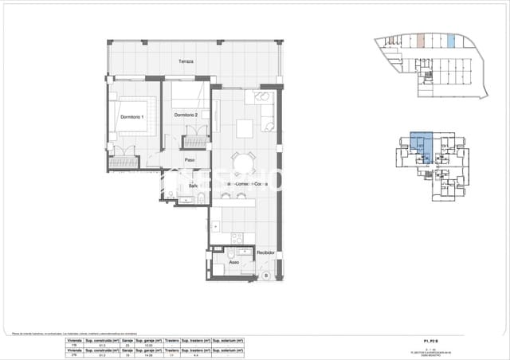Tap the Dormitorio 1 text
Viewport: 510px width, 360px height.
pos(131,117)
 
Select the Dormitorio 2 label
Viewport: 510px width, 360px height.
pos(186,115)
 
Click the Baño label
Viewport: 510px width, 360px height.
pos(193,186)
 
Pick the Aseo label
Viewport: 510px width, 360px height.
pos(233,261)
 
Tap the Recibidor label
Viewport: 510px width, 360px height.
pos(265,252)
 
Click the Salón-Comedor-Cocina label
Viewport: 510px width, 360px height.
pos(247,183)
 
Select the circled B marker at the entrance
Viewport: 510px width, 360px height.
pos(265,276)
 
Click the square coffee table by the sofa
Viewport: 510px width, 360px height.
pos(244,127)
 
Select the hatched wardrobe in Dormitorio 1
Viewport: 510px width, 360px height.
pos(124,162)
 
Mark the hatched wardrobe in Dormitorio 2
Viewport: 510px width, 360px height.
pos(194,142)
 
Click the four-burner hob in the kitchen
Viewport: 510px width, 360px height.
pos(237,237)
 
